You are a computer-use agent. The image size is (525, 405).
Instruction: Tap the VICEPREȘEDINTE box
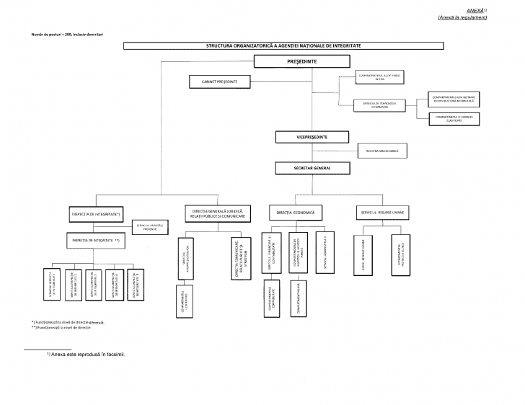(301, 136)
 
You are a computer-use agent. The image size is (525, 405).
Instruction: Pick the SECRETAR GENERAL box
(301, 168)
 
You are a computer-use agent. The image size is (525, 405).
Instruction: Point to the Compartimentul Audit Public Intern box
(379, 76)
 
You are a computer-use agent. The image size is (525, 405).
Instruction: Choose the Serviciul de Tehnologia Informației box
(379, 105)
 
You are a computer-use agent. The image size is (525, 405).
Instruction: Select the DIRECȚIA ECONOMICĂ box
(296, 213)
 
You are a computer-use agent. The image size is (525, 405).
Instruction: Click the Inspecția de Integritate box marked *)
(96, 215)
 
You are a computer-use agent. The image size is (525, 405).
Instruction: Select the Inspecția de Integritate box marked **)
(96, 239)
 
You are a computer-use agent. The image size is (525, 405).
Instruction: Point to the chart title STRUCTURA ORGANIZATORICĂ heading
(283, 46)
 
